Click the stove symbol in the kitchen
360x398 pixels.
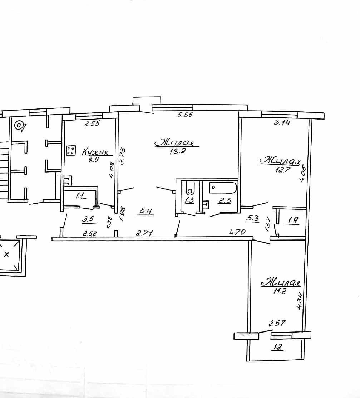71,150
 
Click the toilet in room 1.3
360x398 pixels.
189,188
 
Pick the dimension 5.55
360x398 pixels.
185,115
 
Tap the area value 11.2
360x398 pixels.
279,291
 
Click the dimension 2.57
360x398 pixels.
277,324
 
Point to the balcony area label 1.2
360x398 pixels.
278,347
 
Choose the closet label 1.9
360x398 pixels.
293,220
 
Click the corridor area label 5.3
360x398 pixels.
252,218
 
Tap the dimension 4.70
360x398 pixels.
237,232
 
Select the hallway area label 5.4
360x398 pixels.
146,211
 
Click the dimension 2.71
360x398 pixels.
144,233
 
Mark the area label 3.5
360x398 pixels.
88,219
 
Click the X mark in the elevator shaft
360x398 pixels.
6,254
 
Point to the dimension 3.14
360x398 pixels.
282,122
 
